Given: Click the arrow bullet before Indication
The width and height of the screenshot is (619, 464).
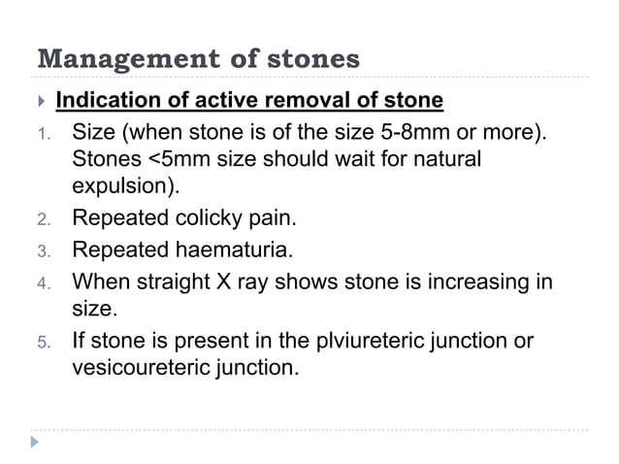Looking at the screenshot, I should (x=40, y=102).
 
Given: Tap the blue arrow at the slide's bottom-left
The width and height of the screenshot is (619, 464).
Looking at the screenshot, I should (x=36, y=443).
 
